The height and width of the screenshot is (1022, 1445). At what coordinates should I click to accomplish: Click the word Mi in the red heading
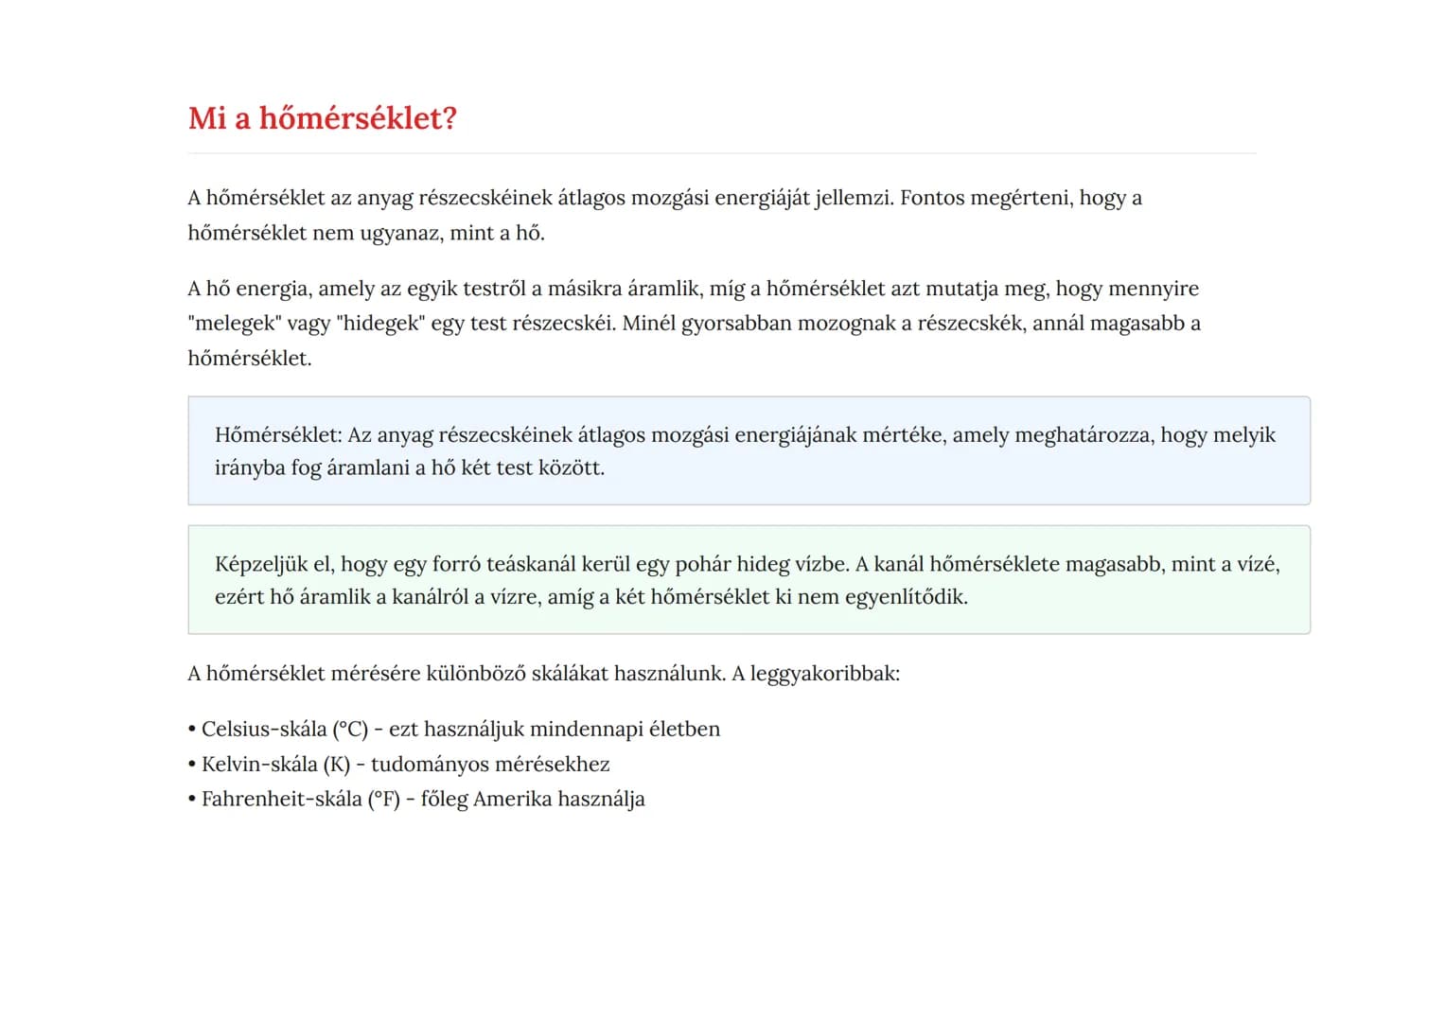click(207, 118)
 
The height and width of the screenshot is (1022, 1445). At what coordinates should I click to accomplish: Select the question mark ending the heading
click(450, 118)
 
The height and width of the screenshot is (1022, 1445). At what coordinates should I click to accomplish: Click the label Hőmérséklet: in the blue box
click(278, 435)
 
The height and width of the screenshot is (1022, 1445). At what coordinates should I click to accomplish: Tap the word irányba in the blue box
click(250, 468)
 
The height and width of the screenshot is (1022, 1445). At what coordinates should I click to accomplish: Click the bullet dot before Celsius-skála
click(192, 730)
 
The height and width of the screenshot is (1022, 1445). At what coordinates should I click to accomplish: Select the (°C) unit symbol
click(350, 730)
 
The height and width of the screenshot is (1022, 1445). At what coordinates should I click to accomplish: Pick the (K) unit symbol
click(337, 765)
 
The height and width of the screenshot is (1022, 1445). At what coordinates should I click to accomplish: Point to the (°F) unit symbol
click(384, 800)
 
